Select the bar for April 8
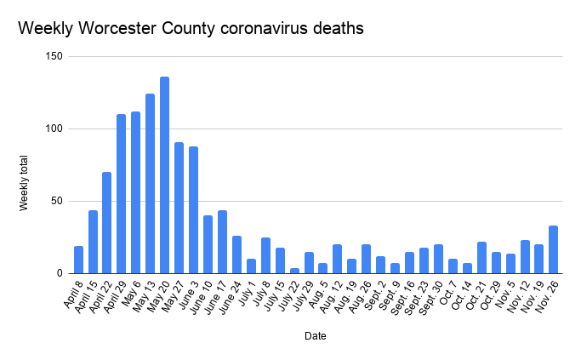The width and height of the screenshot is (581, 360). click(78, 260)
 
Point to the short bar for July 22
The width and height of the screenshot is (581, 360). click(294, 271)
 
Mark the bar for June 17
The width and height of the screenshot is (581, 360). click(222, 242)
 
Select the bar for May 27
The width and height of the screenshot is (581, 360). click(179, 208)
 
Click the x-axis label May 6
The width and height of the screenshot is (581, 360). click(131, 292)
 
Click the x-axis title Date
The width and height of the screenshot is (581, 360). click(315, 336)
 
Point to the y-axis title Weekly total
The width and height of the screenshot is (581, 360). click(25, 184)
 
